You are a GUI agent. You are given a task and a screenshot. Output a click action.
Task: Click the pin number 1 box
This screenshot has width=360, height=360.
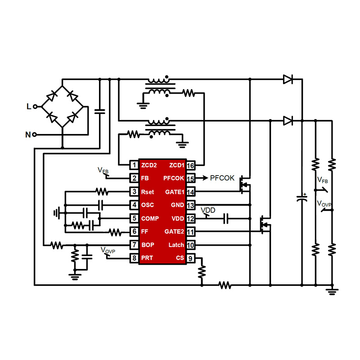pyautogui.click(x=134, y=165)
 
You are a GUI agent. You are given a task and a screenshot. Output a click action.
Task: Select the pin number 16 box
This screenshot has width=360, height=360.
pyautogui.click(x=191, y=165)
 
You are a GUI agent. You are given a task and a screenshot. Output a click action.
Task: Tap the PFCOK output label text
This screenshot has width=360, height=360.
pyautogui.click(x=222, y=178)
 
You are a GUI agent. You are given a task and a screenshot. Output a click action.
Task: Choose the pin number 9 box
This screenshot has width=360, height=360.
pyautogui.click(x=191, y=258)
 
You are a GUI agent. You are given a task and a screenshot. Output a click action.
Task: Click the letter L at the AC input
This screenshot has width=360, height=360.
pyautogui.click(x=29, y=107)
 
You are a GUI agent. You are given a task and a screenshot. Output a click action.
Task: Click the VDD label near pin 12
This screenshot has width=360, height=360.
pyautogui.click(x=208, y=211)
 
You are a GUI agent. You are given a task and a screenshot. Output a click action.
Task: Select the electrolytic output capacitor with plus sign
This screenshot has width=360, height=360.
pyautogui.click(x=301, y=198)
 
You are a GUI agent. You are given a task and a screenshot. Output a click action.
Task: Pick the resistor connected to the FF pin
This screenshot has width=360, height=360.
pyautogui.click(x=115, y=232)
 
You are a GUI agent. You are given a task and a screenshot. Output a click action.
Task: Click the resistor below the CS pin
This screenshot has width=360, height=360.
pyautogui.click(x=202, y=271)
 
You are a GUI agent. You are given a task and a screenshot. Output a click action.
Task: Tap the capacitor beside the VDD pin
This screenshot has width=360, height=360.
pyautogui.click(x=227, y=219)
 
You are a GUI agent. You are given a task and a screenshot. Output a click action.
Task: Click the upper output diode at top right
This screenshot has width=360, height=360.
pyautogui.click(x=288, y=80)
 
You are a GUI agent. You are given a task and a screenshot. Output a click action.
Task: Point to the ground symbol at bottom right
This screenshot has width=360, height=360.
pyautogui.click(x=332, y=291)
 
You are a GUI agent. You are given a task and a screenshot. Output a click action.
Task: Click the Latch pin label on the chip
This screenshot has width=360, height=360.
pyautogui.click(x=176, y=245)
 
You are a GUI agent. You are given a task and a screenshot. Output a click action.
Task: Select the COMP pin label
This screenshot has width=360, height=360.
pyautogui.click(x=150, y=218)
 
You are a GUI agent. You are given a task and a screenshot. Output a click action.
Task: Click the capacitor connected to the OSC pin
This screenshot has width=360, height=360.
pyautogui.click(x=100, y=205)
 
